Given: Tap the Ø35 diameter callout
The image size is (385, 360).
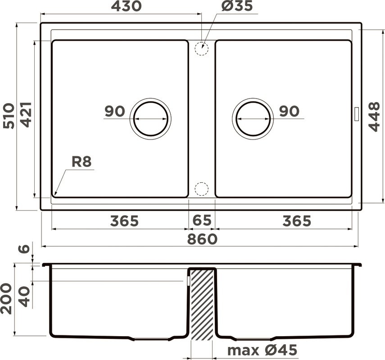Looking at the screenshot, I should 237,6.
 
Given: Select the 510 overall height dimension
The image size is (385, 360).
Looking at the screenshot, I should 9,116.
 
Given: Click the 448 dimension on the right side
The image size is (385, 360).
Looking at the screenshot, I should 374,116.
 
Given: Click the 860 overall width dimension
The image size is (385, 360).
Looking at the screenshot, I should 202,239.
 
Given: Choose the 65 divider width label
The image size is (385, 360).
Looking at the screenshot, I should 201,221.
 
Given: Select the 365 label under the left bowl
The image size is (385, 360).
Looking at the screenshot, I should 124,221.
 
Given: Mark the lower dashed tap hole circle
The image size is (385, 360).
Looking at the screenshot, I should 202,189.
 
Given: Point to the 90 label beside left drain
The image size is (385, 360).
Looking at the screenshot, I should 114,111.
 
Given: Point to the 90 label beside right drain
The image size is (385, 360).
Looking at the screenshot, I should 289,111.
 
